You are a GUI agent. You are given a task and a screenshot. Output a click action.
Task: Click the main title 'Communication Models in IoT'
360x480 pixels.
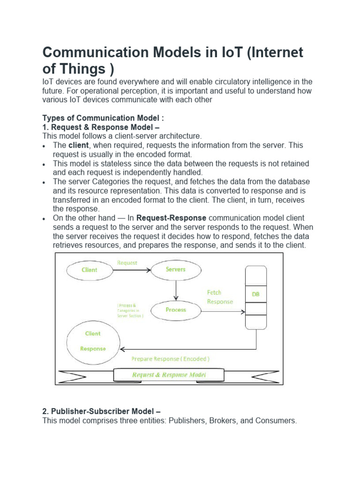click(173, 60)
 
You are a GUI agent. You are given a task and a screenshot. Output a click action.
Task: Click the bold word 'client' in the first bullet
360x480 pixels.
click(78, 145)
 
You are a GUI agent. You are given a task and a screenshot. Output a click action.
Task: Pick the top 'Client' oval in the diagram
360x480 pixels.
click(90, 270)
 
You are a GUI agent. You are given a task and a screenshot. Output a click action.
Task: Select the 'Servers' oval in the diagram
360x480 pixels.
click(176, 270)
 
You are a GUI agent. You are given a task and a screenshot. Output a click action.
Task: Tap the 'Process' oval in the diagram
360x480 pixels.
click(176, 310)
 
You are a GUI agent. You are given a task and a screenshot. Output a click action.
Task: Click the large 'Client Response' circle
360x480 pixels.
click(93, 341)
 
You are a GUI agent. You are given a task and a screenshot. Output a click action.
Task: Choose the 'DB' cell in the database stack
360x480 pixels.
click(255, 294)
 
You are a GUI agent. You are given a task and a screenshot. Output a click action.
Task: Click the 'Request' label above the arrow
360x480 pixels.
click(127, 263)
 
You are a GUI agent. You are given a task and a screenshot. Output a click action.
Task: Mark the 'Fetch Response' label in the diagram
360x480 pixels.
click(219, 297)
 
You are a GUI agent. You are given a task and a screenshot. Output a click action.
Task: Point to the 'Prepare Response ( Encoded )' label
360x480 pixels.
click(170, 359)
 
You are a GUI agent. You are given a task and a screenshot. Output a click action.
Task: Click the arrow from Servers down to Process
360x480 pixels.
click(176, 290)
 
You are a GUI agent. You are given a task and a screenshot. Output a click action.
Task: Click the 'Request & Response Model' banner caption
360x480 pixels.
click(169, 375)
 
